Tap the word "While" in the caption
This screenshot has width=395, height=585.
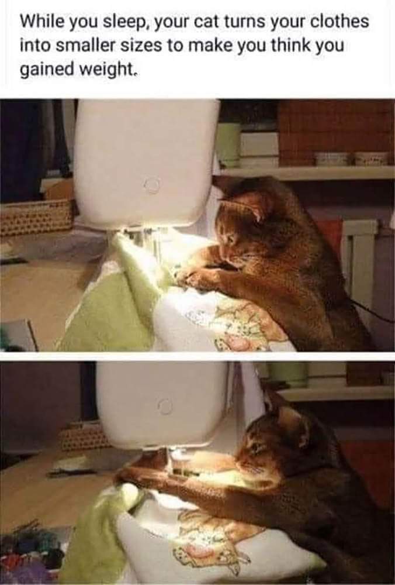click(39, 23)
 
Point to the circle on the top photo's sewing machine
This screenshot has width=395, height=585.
click(151, 185)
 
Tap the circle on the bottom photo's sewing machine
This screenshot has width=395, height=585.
click(165, 405)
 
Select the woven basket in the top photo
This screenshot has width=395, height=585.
click(35, 216)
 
